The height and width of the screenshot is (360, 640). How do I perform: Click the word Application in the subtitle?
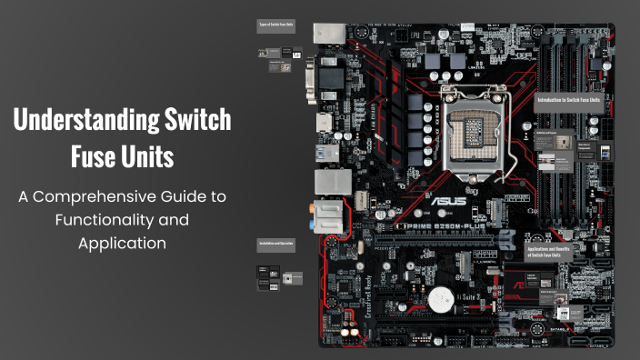click(x=122, y=244)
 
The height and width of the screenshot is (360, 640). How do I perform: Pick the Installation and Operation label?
click(x=275, y=245)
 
